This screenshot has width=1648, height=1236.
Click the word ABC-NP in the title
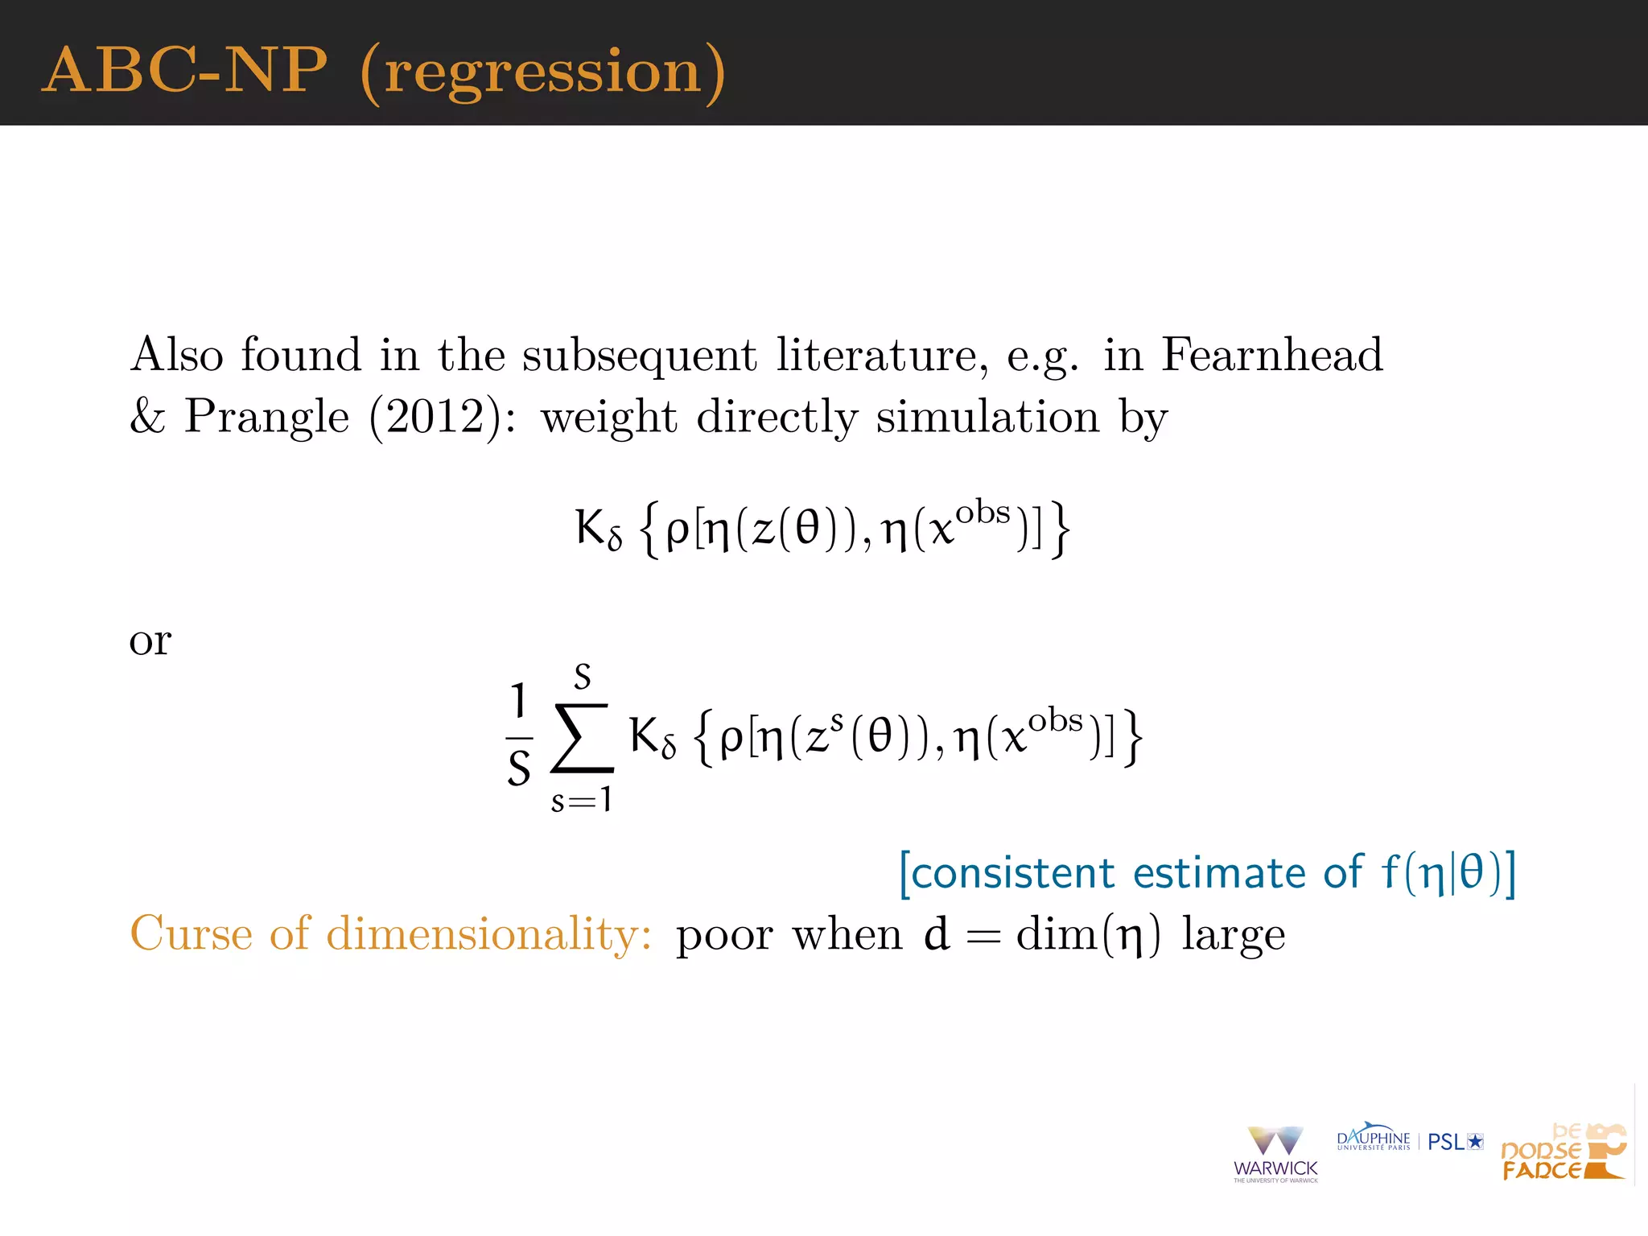pos(184,70)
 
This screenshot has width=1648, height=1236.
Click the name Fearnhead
pos(1271,354)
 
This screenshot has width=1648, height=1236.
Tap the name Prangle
pos(267,417)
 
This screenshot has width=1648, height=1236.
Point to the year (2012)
pos(437,417)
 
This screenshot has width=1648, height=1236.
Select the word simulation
pos(987,417)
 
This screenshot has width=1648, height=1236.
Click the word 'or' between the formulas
pos(150,641)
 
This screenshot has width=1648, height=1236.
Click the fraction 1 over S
pos(519,734)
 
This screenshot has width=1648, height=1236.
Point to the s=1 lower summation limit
pos(581,800)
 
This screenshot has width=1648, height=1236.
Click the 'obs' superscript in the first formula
pos(983,513)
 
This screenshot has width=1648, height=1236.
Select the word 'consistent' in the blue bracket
pos(1012,873)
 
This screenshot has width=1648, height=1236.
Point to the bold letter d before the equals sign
pos(937,933)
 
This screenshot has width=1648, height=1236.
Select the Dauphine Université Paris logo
pos(1374,1138)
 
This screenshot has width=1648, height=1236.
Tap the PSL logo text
pos(1454,1142)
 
